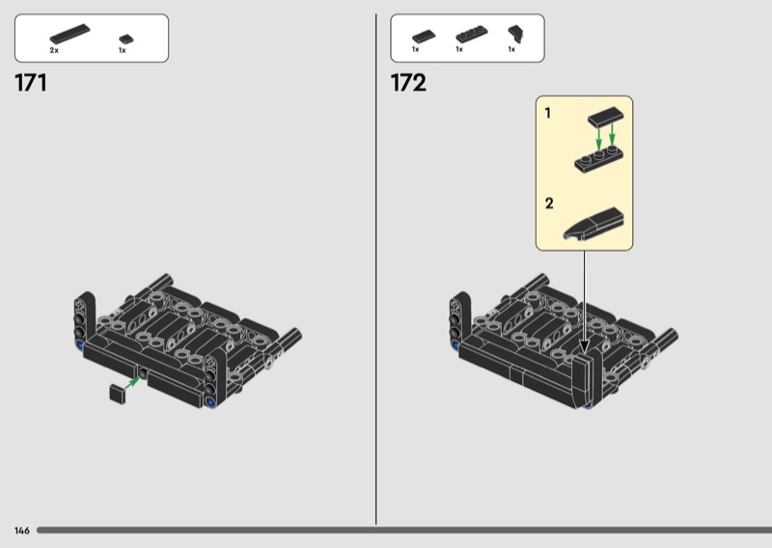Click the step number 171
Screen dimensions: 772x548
tap(31, 83)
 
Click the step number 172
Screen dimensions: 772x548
tap(408, 83)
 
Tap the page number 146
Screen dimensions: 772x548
tap(22, 531)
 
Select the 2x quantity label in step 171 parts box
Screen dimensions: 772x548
tap(54, 50)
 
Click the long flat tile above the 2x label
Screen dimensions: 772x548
tap(69, 34)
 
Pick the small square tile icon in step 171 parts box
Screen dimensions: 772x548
tap(126, 39)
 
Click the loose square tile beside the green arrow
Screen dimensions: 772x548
tap(118, 394)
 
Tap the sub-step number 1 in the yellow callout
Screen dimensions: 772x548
tap(547, 113)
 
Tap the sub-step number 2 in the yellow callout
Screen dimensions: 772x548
tap(549, 204)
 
